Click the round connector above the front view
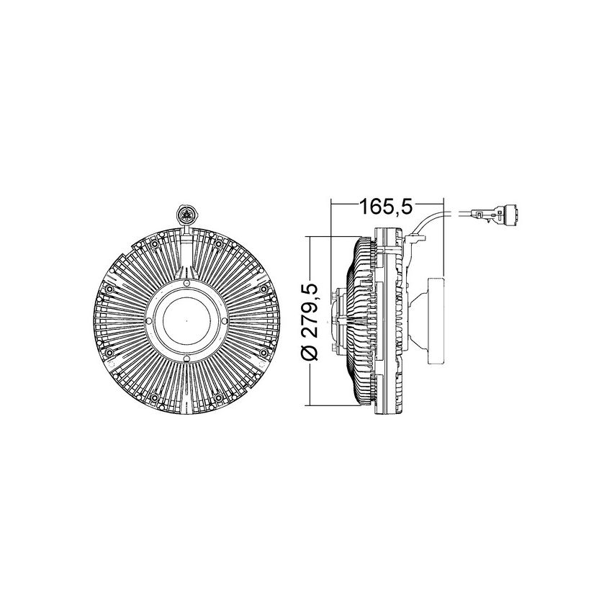coord(186,214)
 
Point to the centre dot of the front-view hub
coord(186,321)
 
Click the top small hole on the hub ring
coord(186,286)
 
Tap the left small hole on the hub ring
coord(150,321)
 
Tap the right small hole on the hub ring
coord(222,321)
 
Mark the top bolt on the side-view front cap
coord(335,294)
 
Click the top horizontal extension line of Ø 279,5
coord(338,235)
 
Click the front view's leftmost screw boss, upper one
coord(109,289)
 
